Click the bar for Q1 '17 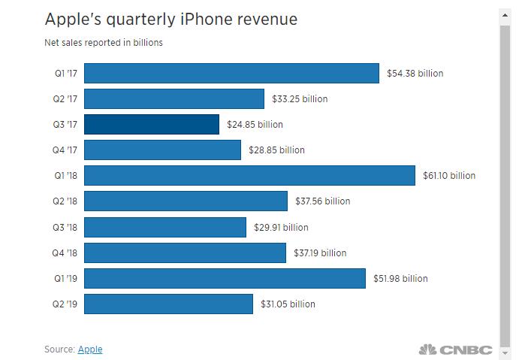231,73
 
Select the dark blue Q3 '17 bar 152,124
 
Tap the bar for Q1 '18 249,175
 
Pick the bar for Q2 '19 168,304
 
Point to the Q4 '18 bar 185,253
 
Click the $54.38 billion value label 415,74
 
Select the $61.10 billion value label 448,176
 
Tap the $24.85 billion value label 255,125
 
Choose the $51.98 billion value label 400,278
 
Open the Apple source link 90,349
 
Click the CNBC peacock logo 427,349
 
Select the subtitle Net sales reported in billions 103,43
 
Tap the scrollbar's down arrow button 505,352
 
